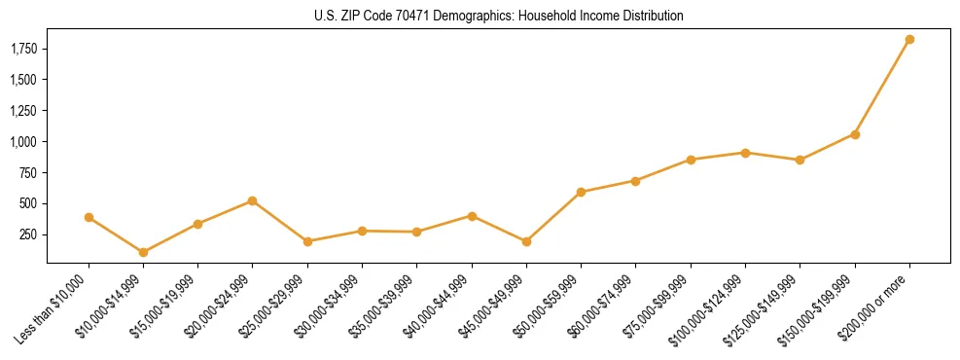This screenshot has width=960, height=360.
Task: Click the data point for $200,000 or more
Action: [x=909, y=40]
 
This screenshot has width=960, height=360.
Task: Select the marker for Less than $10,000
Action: [x=89, y=218]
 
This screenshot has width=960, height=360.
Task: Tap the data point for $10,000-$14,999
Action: [x=143, y=252]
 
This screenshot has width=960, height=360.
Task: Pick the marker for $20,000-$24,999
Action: [x=253, y=201]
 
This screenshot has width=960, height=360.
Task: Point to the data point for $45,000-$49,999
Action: [x=526, y=241]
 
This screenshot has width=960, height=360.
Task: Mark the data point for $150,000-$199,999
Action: [x=855, y=134]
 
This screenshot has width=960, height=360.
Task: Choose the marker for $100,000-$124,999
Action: [x=745, y=153]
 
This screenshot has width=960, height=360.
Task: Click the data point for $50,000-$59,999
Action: [x=581, y=193]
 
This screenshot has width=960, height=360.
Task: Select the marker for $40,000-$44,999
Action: [x=472, y=216]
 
